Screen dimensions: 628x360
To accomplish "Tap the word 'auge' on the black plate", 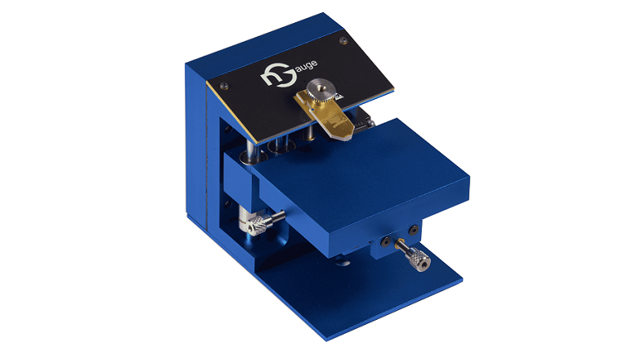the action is (x=307, y=65).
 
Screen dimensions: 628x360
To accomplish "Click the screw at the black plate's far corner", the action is (x=343, y=40).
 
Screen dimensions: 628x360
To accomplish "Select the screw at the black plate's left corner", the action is (x=222, y=84).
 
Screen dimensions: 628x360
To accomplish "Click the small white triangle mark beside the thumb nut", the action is (x=339, y=96).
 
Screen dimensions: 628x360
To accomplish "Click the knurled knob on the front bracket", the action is (x=419, y=260).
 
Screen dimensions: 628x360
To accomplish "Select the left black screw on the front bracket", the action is (x=385, y=241).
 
